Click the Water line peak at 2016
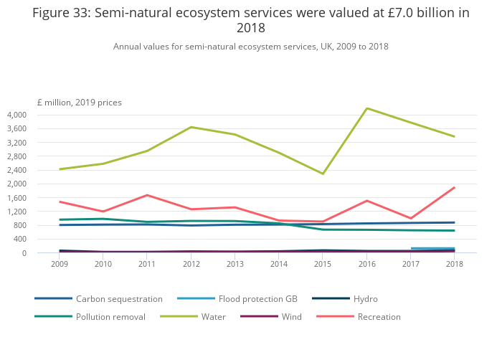pos(367,108)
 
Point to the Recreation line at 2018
pos(455,187)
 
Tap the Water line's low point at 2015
pos(323,174)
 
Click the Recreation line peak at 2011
pos(148,195)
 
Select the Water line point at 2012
pos(191,127)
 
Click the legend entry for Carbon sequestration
pos(119,298)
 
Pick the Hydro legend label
pos(365,298)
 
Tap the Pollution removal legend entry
pos(110,316)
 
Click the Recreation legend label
pos(379,316)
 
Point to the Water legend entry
pos(213,316)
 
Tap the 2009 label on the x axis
pos(60,264)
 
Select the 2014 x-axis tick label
pos(279,264)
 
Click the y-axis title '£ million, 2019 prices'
pos(80,102)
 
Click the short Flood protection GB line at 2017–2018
pos(432,248)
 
